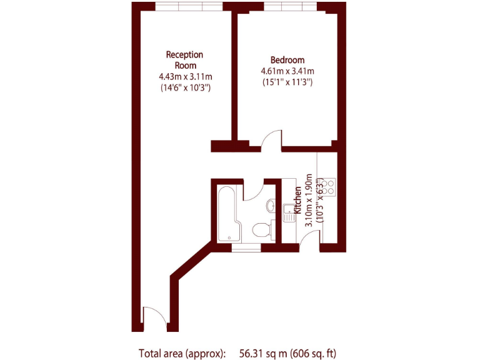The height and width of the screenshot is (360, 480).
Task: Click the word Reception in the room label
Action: [184, 55]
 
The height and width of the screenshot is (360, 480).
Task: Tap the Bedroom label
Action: [287, 60]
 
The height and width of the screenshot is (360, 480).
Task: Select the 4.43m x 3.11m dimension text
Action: [185, 76]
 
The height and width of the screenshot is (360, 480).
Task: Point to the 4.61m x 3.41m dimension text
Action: [287, 71]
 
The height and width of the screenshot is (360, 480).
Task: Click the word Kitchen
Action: [298, 202]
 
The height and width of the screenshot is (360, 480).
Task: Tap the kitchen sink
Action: [288, 212]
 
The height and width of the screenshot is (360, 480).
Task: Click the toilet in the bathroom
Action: [263, 229]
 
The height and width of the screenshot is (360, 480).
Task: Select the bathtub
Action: [225, 212]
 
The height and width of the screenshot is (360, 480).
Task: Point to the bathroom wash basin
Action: [269, 205]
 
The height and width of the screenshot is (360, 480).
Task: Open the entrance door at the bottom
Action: [154, 317]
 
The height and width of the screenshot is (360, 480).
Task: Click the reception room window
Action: [188, 7]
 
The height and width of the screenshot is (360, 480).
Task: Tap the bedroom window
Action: [291, 7]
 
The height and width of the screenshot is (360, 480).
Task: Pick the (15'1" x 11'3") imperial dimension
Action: [287, 82]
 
